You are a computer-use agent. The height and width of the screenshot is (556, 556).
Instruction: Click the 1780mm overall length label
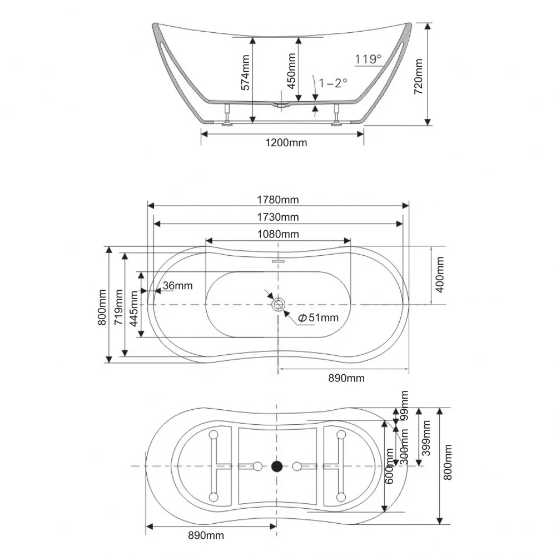[277, 200]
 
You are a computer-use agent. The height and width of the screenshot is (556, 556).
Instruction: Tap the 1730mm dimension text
[277, 217]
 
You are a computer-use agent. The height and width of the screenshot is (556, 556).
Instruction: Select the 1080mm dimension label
[277, 234]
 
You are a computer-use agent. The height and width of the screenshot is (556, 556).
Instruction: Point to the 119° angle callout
[368, 59]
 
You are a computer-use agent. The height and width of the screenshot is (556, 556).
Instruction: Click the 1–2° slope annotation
[333, 83]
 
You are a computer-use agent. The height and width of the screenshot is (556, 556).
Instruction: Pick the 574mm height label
[245, 72]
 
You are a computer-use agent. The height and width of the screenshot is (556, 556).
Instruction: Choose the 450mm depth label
[291, 71]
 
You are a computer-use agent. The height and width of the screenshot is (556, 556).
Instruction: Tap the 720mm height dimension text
[419, 76]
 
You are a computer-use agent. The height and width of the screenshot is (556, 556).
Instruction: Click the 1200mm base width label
[286, 143]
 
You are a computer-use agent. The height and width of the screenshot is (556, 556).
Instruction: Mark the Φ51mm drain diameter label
[318, 317]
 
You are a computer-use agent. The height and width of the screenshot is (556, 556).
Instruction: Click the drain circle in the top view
[279, 305]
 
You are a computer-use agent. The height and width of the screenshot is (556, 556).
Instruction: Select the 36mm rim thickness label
[178, 285]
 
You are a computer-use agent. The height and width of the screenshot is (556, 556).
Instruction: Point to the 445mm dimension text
[133, 309]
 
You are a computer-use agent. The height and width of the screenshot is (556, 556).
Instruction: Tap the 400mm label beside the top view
[440, 275]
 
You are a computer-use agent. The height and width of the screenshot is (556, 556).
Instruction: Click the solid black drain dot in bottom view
[277, 466]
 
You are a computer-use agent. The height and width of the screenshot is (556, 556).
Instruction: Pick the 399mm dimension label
[426, 438]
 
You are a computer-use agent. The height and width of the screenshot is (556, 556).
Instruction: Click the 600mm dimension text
[389, 466]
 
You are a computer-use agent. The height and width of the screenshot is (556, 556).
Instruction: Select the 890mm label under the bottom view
[206, 535]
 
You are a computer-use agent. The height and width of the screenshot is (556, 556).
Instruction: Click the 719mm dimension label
[118, 307]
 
